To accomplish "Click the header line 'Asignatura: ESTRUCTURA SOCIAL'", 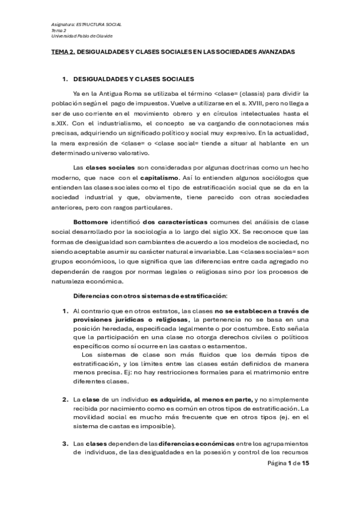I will [86, 25].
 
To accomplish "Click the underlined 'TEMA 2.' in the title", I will [63, 52].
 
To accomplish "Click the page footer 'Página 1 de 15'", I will [288, 464].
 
